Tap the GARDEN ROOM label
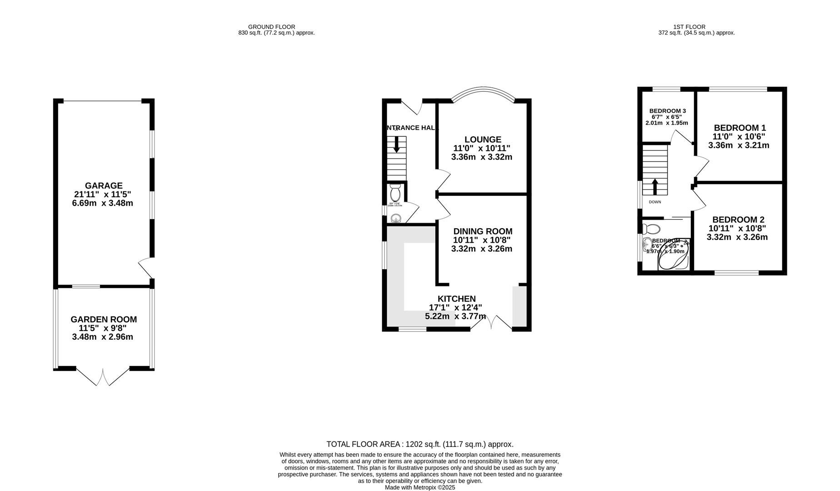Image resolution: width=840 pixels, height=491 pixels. pos(104,320)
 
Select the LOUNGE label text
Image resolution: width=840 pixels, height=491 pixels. pos(483,140)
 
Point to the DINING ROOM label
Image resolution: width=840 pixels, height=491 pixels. pos(483,231)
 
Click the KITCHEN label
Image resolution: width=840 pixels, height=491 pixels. pos(456,299)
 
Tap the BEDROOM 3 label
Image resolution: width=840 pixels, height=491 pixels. pos(667,111)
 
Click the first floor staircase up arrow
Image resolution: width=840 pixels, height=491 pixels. pos(655,187)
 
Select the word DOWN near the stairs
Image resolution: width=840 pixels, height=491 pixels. pos(655,202)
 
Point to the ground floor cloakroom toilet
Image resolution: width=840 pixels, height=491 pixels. pos(395,194)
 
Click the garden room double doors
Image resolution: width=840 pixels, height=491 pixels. pos(103,377)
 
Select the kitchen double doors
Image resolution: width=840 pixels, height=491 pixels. pos(491,322)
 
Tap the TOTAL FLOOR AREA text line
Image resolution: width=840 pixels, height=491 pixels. pos(420,444)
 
